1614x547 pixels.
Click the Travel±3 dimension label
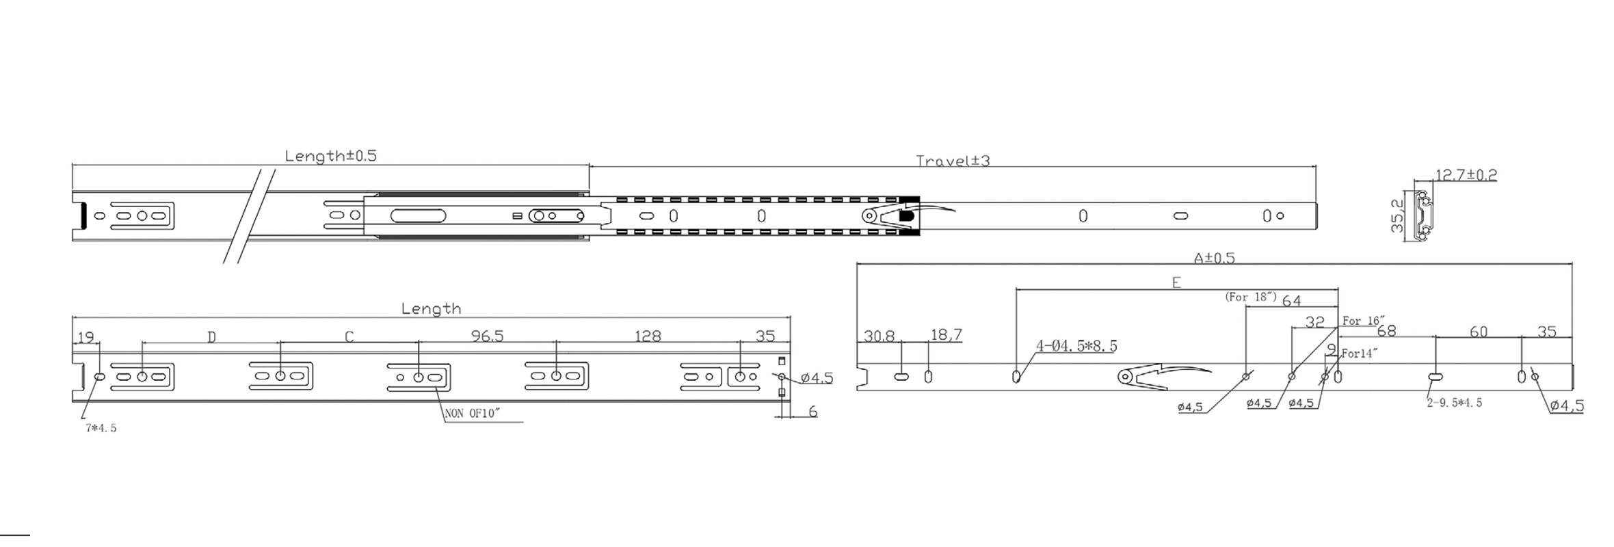pyautogui.click(x=953, y=161)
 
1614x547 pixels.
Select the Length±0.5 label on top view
pyautogui.click(x=330, y=156)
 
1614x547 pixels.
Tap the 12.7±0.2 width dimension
pyautogui.click(x=1466, y=175)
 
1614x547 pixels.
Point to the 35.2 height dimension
pyautogui.click(x=1397, y=216)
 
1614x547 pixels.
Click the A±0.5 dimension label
pyautogui.click(x=1214, y=258)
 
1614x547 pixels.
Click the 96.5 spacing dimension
pyautogui.click(x=487, y=336)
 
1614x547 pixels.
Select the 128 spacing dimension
pyautogui.click(x=648, y=336)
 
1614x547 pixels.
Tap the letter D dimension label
pyautogui.click(x=212, y=336)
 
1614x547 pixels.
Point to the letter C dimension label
pyautogui.click(x=349, y=336)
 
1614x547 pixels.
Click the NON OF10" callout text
pyautogui.click(x=473, y=414)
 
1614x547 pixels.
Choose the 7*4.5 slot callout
pyautogui.click(x=101, y=429)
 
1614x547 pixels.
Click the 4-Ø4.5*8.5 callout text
pyautogui.click(x=1076, y=347)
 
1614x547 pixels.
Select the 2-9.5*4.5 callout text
pyautogui.click(x=1454, y=403)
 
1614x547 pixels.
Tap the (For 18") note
pyautogui.click(x=1251, y=297)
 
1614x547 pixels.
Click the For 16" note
pyautogui.click(x=1363, y=321)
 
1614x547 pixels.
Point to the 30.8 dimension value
pyautogui.click(x=879, y=336)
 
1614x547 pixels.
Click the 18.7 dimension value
pyautogui.click(x=946, y=335)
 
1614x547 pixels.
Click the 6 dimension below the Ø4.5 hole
pyautogui.click(x=812, y=412)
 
